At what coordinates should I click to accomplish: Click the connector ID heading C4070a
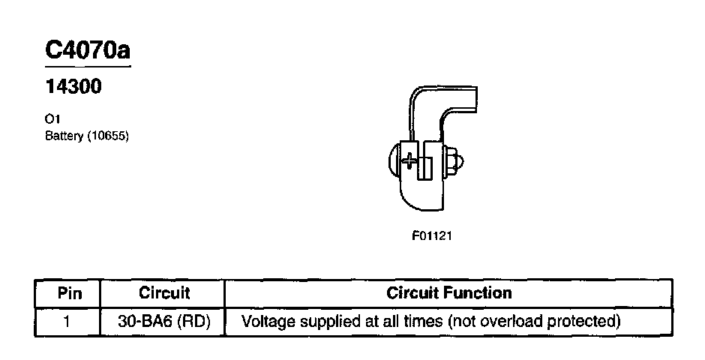88,50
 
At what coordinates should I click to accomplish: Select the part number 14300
73,88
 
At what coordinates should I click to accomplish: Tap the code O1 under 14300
52,119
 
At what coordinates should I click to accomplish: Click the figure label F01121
431,235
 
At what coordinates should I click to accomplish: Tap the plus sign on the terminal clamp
409,160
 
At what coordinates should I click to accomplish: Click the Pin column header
69,293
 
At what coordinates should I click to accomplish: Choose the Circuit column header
164,293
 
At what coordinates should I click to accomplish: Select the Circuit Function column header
448,293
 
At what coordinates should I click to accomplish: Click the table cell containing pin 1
68,322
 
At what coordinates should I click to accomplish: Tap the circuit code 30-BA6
145,322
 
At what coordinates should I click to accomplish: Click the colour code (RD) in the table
193,322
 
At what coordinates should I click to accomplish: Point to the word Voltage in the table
267,322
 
